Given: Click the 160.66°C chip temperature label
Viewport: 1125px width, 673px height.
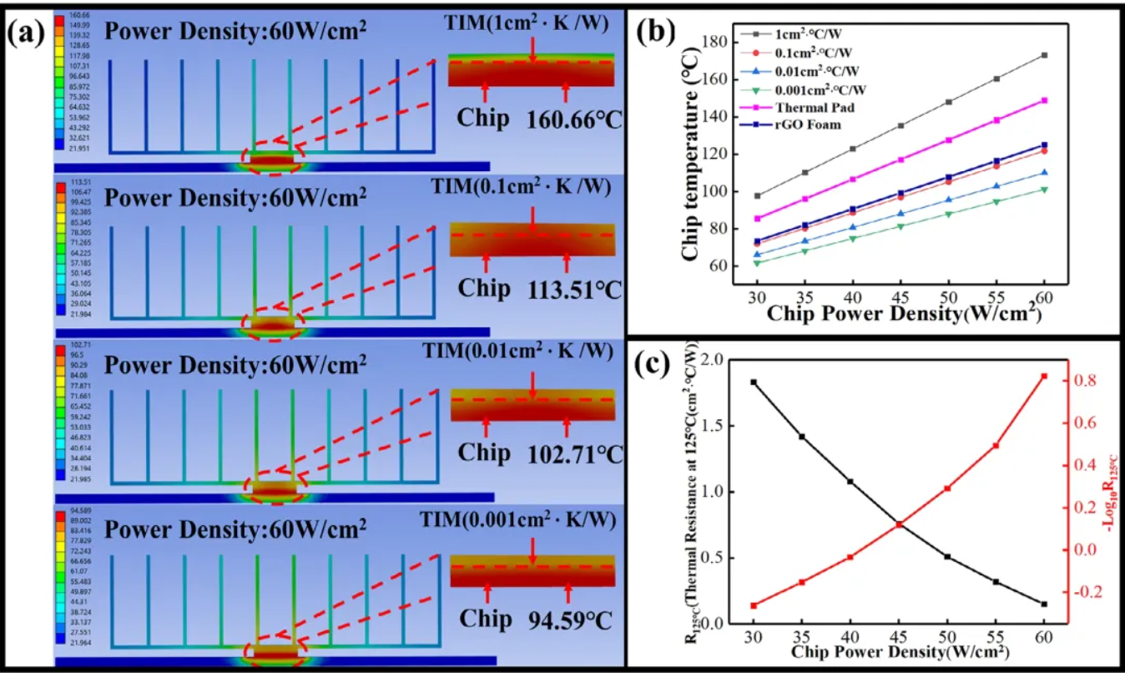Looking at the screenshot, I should pos(574,119).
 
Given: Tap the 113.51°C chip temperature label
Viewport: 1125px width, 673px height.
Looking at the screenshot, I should pos(574,290).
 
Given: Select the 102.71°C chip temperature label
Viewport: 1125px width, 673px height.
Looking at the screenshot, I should pos(574,455).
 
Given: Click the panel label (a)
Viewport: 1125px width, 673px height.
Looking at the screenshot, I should pos(29,35).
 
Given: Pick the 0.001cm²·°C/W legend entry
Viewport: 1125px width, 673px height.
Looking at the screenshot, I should pos(826,90).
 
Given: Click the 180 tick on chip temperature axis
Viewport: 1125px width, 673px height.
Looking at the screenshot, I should pos(715,41).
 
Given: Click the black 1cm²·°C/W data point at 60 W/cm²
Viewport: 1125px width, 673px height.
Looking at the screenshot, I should pos(1044,55).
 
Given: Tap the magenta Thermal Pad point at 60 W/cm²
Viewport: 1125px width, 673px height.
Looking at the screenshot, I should pos(1044,101).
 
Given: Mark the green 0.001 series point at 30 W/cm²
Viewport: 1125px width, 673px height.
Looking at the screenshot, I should pos(757,263).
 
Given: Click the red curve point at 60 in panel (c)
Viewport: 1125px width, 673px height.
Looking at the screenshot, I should pos(1044,377).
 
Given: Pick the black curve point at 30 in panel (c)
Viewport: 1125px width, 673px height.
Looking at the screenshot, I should pos(754,382).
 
